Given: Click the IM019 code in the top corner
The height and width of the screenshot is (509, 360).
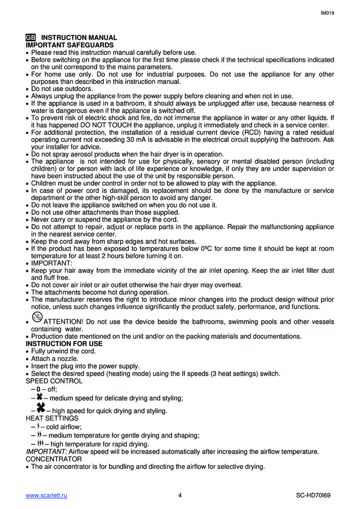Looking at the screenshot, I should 327,13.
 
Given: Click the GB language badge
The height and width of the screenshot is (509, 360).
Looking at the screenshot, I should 31,38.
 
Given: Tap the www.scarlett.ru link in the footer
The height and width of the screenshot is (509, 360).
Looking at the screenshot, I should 46,495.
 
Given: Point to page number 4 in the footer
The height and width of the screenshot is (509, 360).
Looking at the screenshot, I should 180,495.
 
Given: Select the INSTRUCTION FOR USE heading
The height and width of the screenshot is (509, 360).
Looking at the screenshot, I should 64,344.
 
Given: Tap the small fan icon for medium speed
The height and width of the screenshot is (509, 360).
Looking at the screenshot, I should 39,397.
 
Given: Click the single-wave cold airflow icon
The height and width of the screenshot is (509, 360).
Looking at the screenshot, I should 38,426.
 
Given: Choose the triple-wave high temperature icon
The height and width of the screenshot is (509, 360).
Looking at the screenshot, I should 39,443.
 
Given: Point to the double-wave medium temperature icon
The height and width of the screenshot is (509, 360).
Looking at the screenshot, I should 39,435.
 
